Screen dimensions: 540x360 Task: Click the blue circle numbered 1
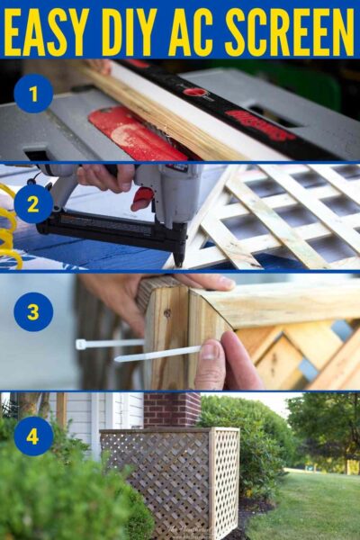coord(33,94)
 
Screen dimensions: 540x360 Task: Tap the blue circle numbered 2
coord(33,203)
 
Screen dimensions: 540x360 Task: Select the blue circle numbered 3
coord(33,311)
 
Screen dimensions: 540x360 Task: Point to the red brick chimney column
coord(171,409)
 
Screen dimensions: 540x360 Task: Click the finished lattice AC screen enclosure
coord(171,477)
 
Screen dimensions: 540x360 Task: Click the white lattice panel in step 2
coord(279,216)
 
